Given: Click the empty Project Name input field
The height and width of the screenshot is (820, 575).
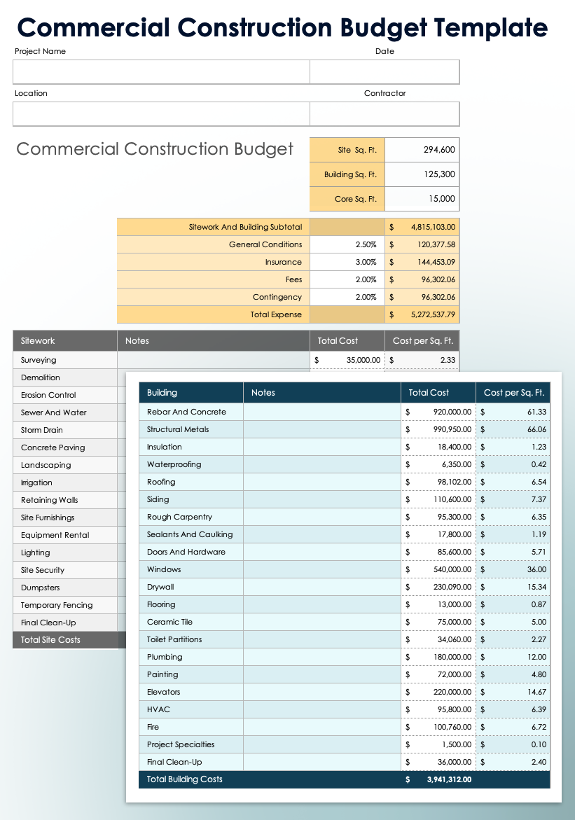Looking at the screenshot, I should (161, 72).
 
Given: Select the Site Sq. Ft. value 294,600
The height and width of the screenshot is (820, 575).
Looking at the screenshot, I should (439, 150).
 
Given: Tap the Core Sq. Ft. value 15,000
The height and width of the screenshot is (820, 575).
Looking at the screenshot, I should (442, 199).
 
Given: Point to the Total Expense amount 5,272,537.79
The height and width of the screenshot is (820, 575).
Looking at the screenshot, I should (427, 314).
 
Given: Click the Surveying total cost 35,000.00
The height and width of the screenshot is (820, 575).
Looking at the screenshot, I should (363, 360).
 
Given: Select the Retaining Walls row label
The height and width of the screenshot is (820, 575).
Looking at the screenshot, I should (49, 500).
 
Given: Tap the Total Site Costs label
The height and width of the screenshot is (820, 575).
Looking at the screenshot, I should (50, 640).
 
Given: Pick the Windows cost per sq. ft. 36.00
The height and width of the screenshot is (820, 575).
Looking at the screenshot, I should (536, 569).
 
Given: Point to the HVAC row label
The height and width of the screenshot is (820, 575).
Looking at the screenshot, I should (158, 709).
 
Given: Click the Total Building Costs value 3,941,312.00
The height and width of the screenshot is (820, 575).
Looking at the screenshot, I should (448, 779).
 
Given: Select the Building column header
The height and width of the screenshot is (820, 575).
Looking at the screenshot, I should (162, 393).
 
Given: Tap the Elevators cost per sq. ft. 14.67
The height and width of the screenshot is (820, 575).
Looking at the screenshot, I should (536, 692).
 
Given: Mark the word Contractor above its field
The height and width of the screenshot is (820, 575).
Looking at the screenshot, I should (385, 93).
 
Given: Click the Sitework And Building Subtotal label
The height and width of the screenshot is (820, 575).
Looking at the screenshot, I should (245, 227).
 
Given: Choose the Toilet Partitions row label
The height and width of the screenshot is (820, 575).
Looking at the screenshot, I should (174, 639).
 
